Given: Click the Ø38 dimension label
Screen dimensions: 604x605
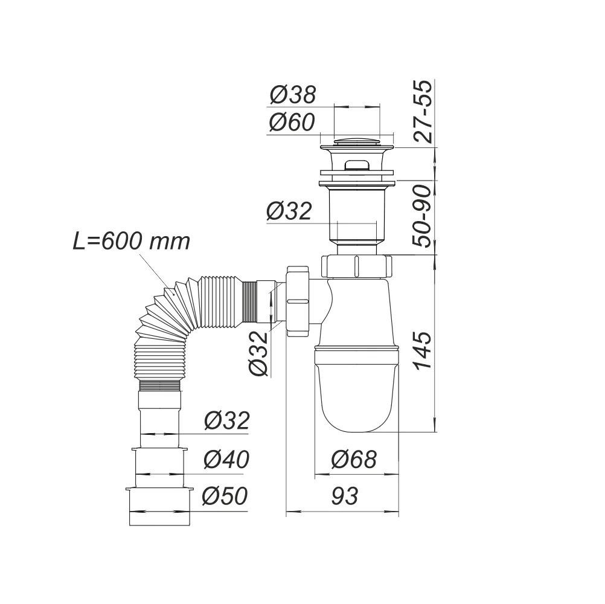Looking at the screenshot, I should (293, 94).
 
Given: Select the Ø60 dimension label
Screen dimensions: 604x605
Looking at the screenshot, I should (292, 123).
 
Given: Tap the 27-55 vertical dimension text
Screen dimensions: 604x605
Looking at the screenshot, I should (426, 112).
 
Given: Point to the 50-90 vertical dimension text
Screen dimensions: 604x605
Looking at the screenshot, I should (426, 216).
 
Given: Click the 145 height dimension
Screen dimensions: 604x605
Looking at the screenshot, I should (423, 351).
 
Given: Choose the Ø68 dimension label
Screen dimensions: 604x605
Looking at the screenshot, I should (354, 460).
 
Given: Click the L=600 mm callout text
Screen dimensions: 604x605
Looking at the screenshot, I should (131, 242).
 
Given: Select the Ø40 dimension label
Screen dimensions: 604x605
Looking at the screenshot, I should (226, 460).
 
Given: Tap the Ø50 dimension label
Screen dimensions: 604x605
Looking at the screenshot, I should (226, 496).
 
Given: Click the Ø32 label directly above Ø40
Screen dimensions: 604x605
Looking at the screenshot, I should (226, 420).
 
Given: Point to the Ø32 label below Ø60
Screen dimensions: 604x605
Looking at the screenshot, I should (289, 211).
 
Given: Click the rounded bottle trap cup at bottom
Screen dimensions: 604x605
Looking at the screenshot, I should (357, 393).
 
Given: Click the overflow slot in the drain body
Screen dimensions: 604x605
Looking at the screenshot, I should (356, 164).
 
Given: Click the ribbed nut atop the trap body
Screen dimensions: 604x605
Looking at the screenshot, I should (357, 265).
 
